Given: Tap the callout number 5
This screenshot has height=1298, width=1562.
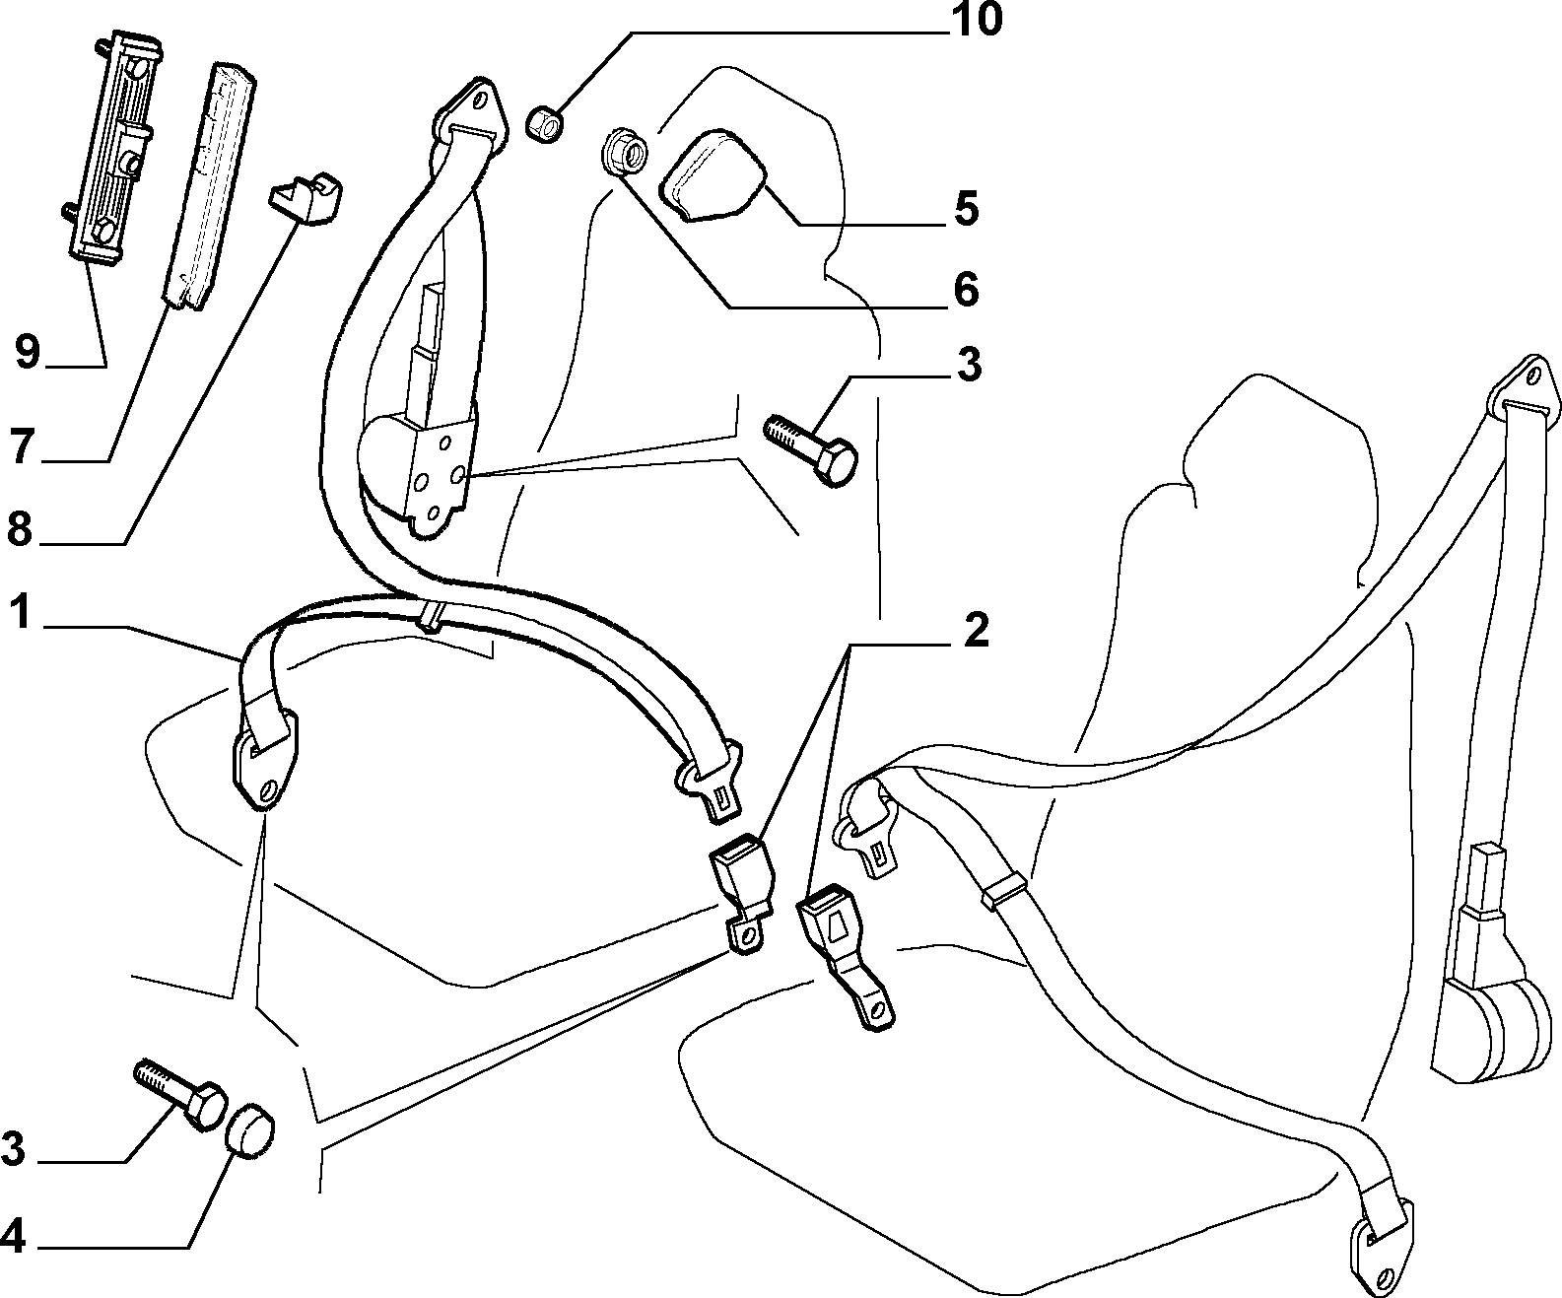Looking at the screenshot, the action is (x=967, y=209).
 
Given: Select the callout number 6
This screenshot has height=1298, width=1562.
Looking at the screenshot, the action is (x=967, y=290).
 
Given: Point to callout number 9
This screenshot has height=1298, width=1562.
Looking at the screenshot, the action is (x=28, y=352).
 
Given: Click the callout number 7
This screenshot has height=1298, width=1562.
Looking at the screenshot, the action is (x=22, y=445).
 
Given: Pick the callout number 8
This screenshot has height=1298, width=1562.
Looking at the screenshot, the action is (x=20, y=529).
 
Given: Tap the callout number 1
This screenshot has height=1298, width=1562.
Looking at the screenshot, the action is (x=20, y=612).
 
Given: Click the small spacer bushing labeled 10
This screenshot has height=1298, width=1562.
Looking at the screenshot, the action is (x=546, y=124).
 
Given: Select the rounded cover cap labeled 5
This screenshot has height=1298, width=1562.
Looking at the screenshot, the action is (x=713, y=174).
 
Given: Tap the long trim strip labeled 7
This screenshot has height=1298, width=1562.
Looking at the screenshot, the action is (x=210, y=186).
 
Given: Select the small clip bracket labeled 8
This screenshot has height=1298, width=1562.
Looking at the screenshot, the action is (x=306, y=197).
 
